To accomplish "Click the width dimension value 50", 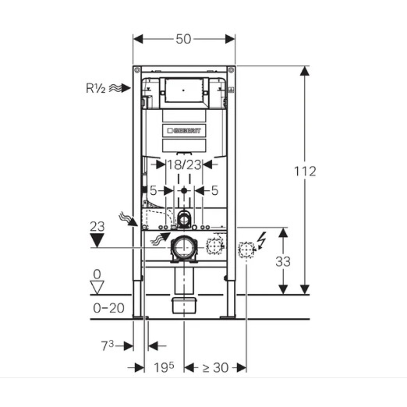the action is (x=183, y=39).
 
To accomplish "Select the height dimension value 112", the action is (x=305, y=171).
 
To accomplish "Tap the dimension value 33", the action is (x=283, y=262).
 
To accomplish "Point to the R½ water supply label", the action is (x=95, y=88).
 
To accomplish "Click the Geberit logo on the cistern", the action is (x=184, y=130).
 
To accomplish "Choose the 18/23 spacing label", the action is (x=184, y=165).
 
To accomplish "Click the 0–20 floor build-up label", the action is (x=109, y=308).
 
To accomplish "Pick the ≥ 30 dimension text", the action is (x=215, y=368).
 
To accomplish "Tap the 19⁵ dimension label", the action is (x=163, y=367).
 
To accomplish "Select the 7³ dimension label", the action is (x=107, y=346).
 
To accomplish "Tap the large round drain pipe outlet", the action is (x=184, y=248).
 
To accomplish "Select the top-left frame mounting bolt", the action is (x=137, y=70).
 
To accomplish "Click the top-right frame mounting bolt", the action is (x=231, y=70).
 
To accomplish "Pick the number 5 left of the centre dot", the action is (x=153, y=191).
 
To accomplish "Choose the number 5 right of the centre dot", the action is (x=214, y=191).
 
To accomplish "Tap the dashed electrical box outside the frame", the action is (x=246, y=250).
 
